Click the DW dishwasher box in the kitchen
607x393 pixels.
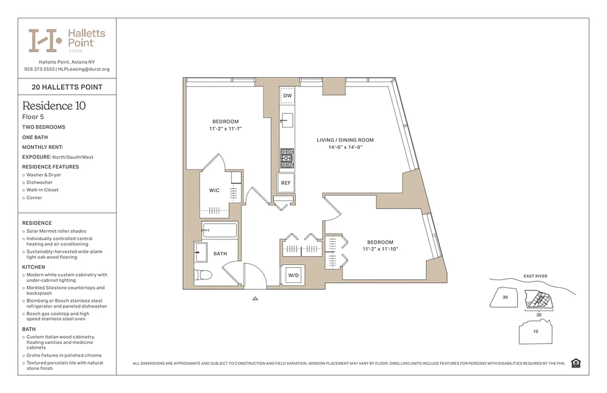pyautogui.click(x=287, y=95)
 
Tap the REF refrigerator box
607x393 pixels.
pyautogui.click(x=286, y=183)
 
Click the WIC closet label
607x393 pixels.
pyautogui.click(x=214, y=191)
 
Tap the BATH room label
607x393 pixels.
pyautogui.click(x=220, y=253)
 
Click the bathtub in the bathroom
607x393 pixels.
pyautogui.click(x=220, y=229)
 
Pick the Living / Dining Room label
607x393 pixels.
pyautogui.click(x=345, y=140)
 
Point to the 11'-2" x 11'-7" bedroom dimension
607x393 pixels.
pyautogui.click(x=225, y=129)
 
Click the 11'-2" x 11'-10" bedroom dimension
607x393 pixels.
pyautogui.click(x=380, y=249)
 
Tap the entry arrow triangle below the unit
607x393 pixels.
pyautogui.click(x=255, y=298)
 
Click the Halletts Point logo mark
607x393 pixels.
pyautogui.click(x=45, y=40)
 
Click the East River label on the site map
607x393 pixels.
pyautogui.click(x=534, y=276)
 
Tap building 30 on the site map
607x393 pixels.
pyautogui.click(x=505, y=297)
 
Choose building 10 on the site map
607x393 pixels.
pyautogui.click(x=535, y=331)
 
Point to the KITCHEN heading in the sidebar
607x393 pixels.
pyautogui.click(x=33, y=267)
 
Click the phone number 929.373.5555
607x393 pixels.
pyautogui.click(x=39, y=69)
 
